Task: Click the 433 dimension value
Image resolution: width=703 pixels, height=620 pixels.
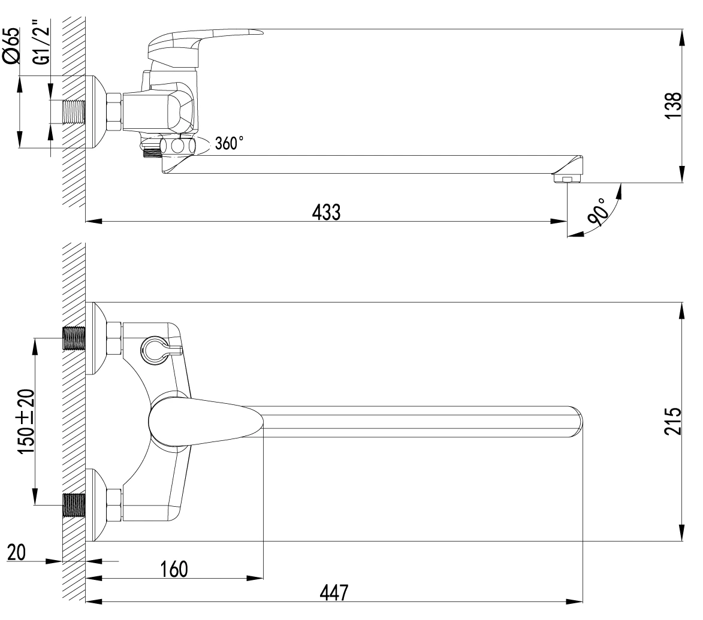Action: [326, 212]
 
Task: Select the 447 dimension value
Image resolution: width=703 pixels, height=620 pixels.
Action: [333, 592]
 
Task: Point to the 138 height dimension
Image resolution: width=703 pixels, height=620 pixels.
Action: [677, 106]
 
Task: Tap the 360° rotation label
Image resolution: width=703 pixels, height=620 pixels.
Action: [229, 144]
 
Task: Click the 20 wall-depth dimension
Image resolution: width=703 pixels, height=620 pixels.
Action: [16, 552]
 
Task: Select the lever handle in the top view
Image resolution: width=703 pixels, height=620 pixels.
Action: [204, 422]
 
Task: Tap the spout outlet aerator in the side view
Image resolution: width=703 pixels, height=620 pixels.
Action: [566, 179]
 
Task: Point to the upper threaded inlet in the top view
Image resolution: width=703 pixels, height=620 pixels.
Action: [74, 338]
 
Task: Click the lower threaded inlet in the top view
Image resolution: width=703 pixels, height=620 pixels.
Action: [74, 504]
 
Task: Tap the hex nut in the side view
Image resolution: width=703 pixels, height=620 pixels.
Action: [114, 111]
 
